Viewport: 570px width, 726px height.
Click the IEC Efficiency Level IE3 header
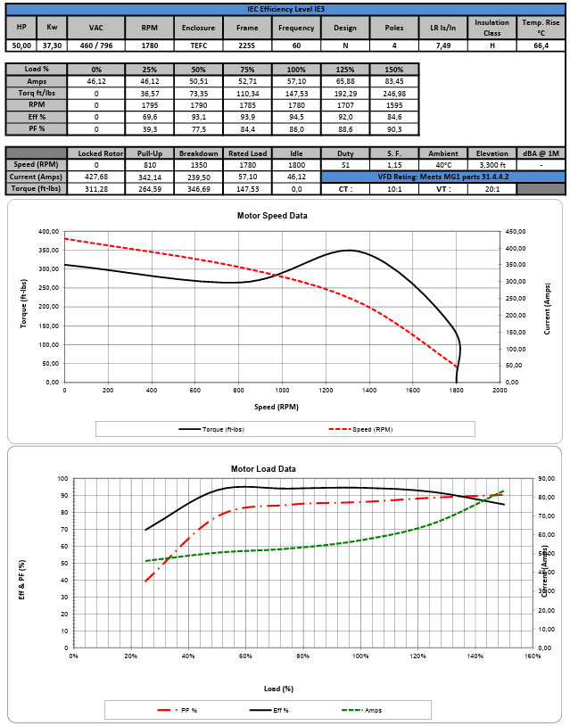click(285, 7)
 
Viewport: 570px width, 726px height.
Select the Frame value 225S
click(247, 44)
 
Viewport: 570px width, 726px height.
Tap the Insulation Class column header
click(492, 27)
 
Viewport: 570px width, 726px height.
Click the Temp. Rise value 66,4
click(541, 44)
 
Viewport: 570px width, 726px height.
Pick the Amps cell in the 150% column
click(393, 80)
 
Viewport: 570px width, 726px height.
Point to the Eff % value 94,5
click(295, 116)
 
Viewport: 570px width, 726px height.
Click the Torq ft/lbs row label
click(37, 93)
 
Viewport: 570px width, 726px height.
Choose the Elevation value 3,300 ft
click(492, 165)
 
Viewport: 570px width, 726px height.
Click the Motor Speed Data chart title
click(272, 216)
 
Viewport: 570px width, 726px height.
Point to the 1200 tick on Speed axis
click(326, 391)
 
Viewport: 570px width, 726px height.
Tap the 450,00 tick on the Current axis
click(517, 232)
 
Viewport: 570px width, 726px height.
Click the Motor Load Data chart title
click(263, 468)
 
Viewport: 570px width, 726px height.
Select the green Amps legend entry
click(361, 710)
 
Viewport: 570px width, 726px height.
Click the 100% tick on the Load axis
click(360, 657)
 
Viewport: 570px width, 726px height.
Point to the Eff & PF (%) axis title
click(22, 579)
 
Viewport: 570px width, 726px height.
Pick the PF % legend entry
click(178, 710)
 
